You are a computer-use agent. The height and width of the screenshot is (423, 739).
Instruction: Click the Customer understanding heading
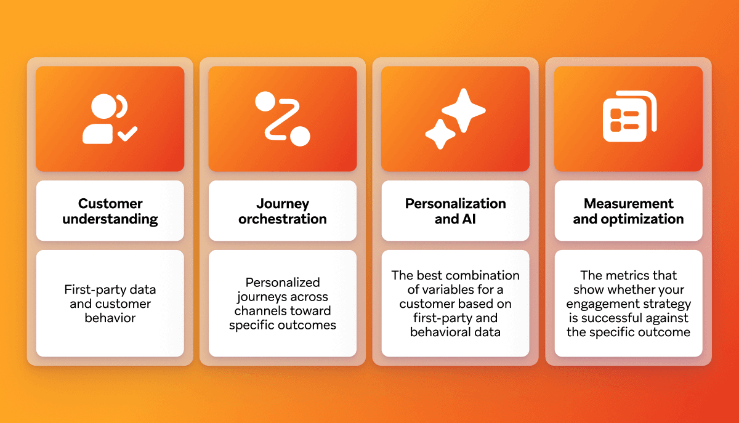(x=110, y=211)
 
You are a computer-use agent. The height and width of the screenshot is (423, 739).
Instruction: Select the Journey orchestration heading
(x=283, y=211)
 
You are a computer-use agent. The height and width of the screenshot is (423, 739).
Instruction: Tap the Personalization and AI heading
(x=455, y=211)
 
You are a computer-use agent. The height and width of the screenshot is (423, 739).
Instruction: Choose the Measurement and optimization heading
(x=628, y=211)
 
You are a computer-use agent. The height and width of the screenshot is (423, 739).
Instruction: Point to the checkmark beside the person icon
(x=129, y=133)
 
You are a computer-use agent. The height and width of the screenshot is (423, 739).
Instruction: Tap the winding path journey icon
(x=283, y=119)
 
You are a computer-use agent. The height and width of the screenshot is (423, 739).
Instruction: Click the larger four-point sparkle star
(x=464, y=110)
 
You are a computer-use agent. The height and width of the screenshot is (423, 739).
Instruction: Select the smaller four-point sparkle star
(x=440, y=134)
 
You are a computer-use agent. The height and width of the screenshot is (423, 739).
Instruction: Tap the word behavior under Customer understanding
(x=110, y=318)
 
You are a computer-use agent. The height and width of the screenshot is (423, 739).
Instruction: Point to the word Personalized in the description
(x=283, y=283)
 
